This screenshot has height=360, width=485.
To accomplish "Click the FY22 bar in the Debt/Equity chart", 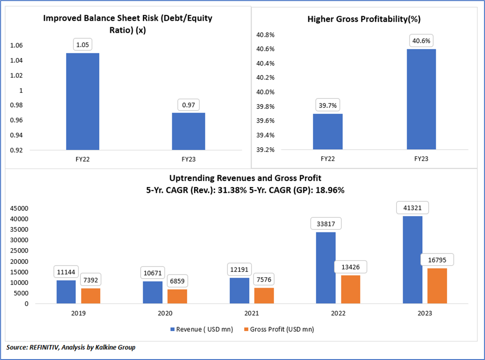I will point(83,101).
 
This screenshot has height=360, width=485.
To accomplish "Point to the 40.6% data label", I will point(421,40).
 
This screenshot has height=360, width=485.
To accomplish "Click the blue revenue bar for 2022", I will point(325,267).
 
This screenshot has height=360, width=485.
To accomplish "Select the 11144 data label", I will point(66,271).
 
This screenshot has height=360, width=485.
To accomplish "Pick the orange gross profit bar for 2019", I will point(91,296).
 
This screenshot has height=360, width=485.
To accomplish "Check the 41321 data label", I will point(412,208).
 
